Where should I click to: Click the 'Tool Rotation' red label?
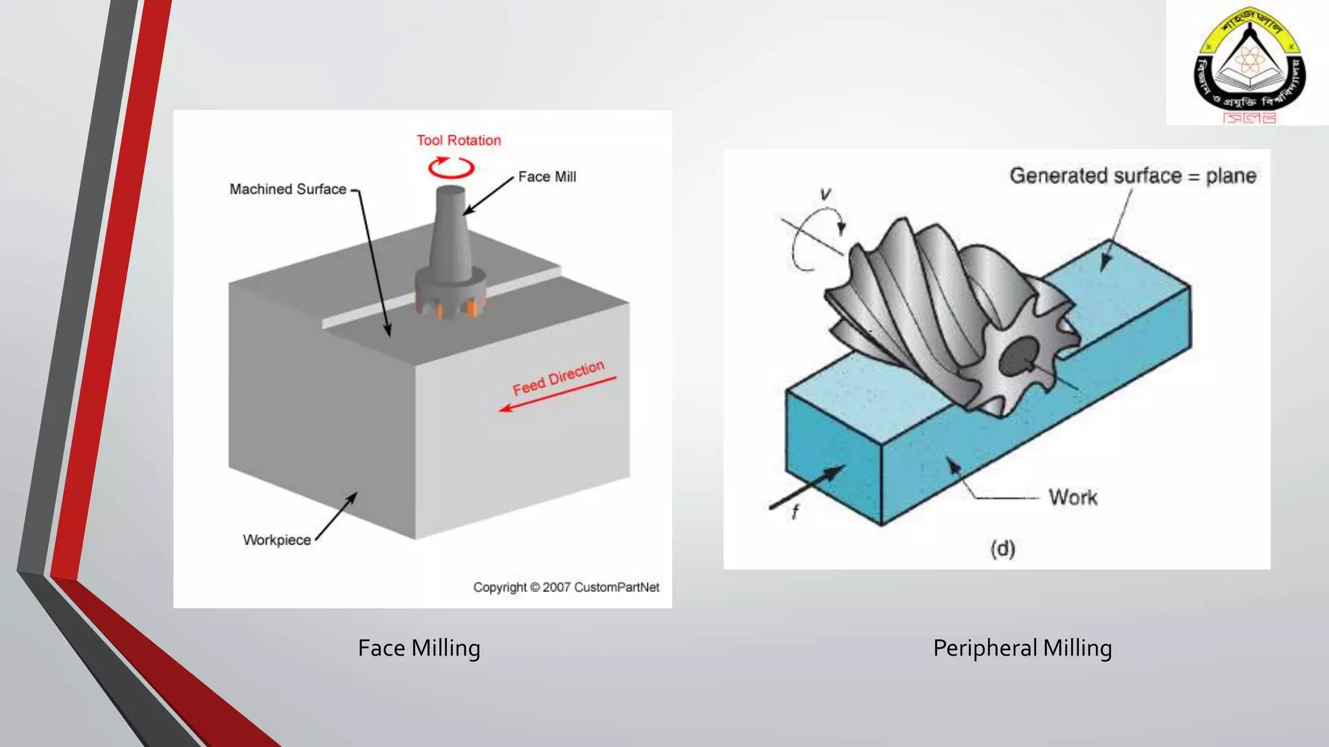(458, 140)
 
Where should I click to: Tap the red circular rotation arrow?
(451, 167)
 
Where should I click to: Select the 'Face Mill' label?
(546, 176)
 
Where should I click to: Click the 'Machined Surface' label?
(287, 189)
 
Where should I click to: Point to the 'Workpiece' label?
(276, 539)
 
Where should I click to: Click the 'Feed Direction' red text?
(558, 377)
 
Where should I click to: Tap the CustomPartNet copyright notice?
(566, 587)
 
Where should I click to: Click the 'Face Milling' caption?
(419, 648)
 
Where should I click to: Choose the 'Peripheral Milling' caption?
(1022, 648)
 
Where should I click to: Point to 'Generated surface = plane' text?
(1132, 176)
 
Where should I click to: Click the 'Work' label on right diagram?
(1073, 497)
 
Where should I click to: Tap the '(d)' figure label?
(1002, 549)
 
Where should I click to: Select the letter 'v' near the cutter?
(825, 194)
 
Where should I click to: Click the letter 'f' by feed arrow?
(795, 512)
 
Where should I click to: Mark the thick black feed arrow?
(809, 487)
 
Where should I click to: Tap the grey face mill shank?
(451, 233)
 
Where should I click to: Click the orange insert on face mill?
(473, 309)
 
